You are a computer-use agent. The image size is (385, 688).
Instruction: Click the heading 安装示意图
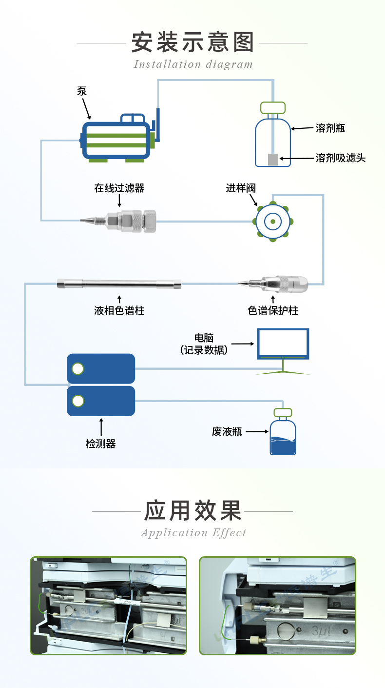pyautogui.click(x=192, y=42)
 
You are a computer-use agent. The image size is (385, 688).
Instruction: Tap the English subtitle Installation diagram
pyautogui.click(x=193, y=64)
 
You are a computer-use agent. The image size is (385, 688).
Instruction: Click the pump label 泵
pyautogui.click(x=81, y=91)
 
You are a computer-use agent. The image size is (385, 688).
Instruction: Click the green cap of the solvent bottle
pyautogui.click(x=272, y=107)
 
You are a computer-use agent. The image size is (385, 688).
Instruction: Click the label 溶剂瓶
pyautogui.click(x=330, y=128)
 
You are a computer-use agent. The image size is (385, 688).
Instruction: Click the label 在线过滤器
pyautogui.click(x=119, y=188)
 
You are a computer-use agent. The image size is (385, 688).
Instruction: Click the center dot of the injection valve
pyautogui.click(x=273, y=222)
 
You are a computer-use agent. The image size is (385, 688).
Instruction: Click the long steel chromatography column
pyautogui.click(x=119, y=283)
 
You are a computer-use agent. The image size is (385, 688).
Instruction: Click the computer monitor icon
pyautogui.click(x=283, y=344)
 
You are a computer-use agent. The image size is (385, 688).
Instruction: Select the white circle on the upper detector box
pyautogui.click(x=78, y=368)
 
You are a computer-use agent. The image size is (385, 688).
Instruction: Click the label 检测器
pyautogui.click(x=100, y=444)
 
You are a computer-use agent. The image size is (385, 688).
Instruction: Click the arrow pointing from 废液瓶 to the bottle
pyautogui.click(x=257, y=431)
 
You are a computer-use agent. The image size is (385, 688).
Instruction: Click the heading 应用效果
pyautogui.click(x=192, y=511)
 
